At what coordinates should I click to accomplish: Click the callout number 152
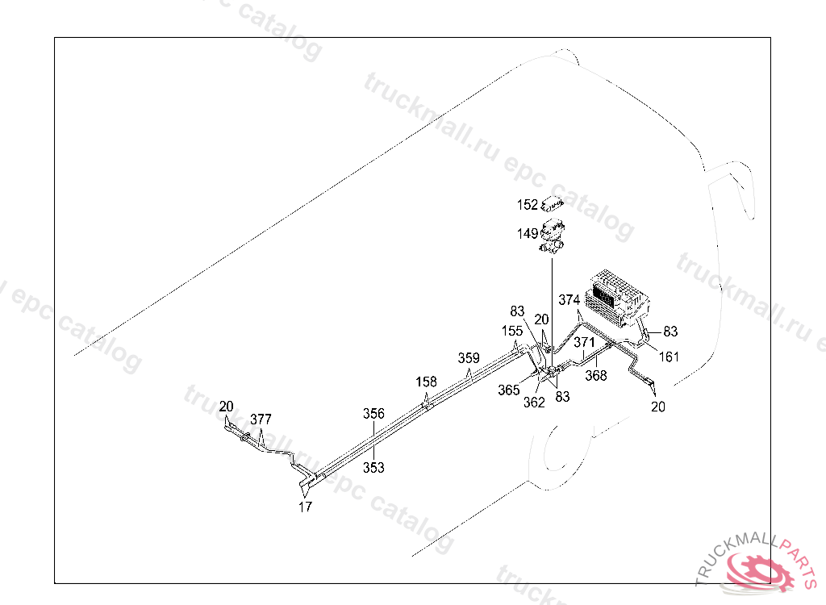[x=528, y=205]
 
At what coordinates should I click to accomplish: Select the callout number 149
[x=528, y=234]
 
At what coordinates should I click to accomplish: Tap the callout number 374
[x=569, y=300]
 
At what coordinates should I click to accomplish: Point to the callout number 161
[x=668, y=357]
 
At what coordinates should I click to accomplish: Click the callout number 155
[x=512, y=331]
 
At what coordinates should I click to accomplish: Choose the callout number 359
[x=469, y=358]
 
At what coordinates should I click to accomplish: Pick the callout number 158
[x=427, y=382]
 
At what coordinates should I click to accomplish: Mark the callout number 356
[x=373, y=413]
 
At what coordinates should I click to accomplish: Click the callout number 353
[x=373, y=467]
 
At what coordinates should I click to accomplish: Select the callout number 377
[x=261, y=419]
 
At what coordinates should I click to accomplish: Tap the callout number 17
[x=306, y=507]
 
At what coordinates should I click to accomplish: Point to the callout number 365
[x=509, y=390]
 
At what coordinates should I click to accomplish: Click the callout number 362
[x=534, y=403]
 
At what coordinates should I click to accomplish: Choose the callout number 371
[x=585, y=343]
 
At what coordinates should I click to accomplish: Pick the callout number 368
[x=596, y=375]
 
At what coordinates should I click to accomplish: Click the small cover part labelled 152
[x=552, y=202]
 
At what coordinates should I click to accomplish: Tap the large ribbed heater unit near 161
[x=619, y=295]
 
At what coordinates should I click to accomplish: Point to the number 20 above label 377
[x=226, y=406]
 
